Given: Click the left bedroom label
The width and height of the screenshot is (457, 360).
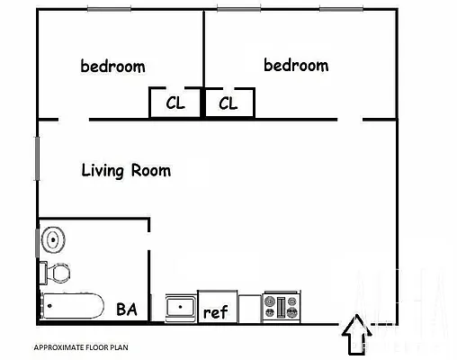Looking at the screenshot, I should (112, 66).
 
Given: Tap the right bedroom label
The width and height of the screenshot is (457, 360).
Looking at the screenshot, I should (296, 65).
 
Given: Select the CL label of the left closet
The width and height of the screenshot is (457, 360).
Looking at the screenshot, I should (175, 103).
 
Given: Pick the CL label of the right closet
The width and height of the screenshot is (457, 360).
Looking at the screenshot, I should (228, 103).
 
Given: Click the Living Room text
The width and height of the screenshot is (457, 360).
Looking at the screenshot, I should (126, 170).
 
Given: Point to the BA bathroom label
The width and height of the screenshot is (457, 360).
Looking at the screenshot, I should (127, 310).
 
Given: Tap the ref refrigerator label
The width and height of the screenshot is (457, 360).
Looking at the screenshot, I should (215, 312).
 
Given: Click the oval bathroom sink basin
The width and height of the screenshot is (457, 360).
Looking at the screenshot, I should (54, 240).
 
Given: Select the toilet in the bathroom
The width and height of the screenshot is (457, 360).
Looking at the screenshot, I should (56, 271).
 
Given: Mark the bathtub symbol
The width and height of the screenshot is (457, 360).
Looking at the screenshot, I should (71, 307).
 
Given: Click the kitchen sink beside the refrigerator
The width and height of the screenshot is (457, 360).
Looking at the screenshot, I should (181, 308).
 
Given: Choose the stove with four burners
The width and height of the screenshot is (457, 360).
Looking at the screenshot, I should (281, 308).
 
